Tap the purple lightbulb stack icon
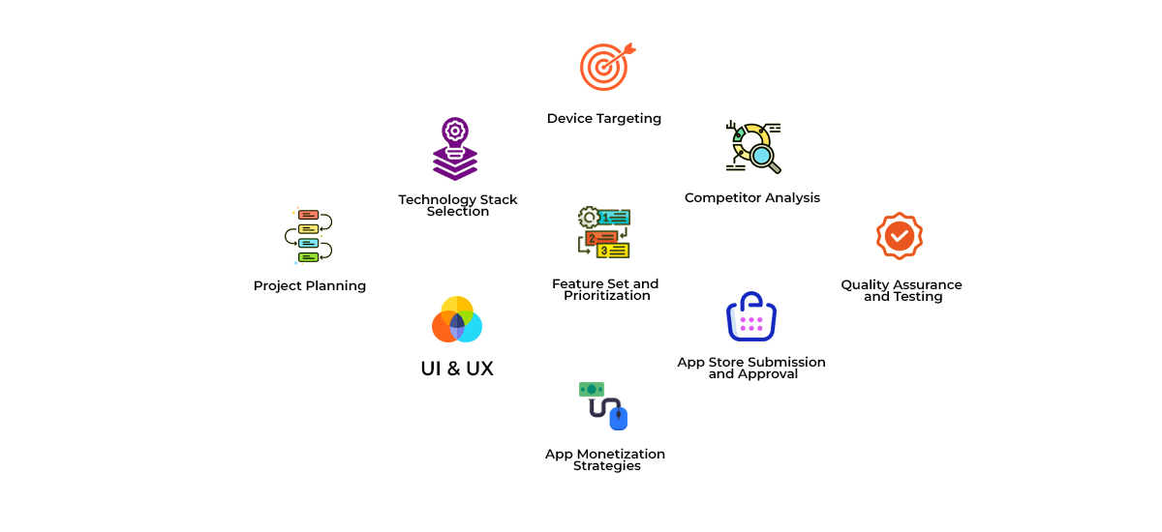point(455,149)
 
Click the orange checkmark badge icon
point(900,236)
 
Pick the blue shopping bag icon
point(751,316)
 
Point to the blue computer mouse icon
point(619,418)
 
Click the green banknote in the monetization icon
point(592,390)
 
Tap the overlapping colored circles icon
point(457,319)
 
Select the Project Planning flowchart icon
point(309,236)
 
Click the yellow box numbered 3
point(613,251)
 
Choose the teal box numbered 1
point(614,218)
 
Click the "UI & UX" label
point(457,369)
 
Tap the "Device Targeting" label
point(604,119)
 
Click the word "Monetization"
point(621,454)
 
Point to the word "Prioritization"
point(607,296)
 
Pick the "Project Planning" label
point(310,286)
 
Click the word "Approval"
point(768,374)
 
